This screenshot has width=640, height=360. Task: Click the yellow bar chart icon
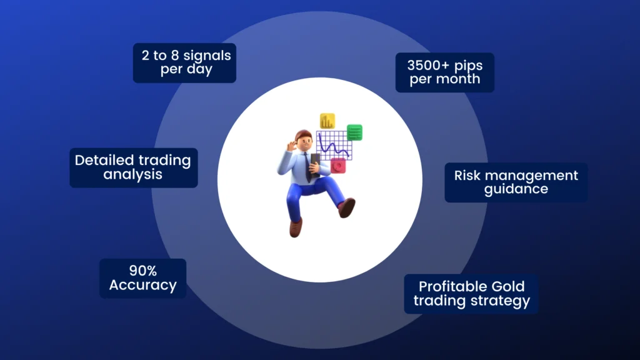[327, 121]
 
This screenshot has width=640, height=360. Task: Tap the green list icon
[354, 132]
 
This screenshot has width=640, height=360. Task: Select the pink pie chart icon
[338, 166]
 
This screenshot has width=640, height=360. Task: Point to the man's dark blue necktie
[307, 168]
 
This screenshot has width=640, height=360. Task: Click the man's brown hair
[302, 135]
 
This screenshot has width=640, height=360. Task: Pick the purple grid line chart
[334, 145]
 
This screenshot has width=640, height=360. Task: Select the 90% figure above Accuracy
[143, 271]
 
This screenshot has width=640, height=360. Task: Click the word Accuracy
[143, 285]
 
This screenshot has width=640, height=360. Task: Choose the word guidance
[516, 189]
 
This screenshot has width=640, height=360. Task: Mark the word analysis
[132, 175]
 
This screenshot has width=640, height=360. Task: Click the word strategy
[501, 301]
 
